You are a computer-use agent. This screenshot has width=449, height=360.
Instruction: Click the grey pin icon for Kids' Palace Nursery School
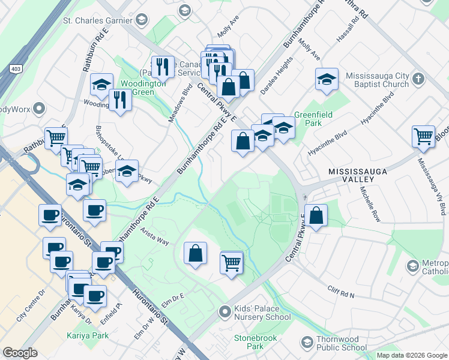point(224,311)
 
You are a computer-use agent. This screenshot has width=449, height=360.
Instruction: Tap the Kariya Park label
point(88,335)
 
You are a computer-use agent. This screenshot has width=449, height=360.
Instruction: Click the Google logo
point(20,352)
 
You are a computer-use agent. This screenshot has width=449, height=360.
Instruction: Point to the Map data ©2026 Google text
point(411,355)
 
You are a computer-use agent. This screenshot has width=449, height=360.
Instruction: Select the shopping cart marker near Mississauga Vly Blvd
point(423,136)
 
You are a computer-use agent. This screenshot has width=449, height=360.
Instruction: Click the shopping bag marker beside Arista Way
point(196,253)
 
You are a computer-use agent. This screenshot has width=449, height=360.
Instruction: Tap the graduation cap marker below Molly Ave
point(327,80)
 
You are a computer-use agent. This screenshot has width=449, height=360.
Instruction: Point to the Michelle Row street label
point(370,204)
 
